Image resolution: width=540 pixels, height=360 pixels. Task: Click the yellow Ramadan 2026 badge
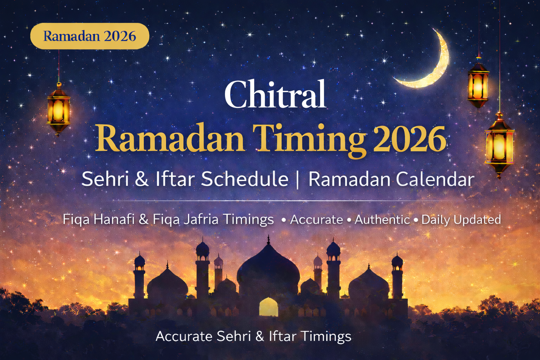pos(90,36)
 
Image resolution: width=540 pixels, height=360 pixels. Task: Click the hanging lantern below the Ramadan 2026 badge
pos(58,109)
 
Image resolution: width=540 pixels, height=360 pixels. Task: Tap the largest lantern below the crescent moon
pos(499,144)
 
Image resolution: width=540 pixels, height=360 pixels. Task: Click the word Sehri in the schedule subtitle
pos(105,179)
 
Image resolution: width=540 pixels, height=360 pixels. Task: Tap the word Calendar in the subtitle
pos(435,179)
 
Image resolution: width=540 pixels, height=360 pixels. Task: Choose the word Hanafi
pos(114,219)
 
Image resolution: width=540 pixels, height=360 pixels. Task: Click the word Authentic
pos(382,220)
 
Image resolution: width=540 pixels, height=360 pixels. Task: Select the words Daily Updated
pos(461,220)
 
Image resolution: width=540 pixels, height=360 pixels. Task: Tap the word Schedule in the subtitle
pos(245,179)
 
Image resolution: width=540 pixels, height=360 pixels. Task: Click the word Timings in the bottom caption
pos(326,336)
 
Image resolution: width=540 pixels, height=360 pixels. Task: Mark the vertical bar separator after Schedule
pos(298,179)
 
